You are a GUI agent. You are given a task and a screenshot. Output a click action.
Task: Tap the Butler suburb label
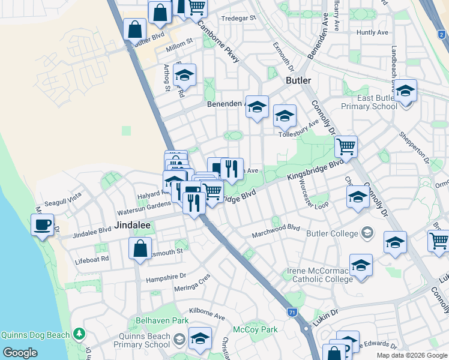point(298,80)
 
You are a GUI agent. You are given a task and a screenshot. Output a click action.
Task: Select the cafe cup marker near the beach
point(42,225)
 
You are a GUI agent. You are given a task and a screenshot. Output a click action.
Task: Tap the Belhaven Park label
point(162,321)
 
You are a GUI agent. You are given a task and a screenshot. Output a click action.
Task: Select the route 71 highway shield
point(292,312)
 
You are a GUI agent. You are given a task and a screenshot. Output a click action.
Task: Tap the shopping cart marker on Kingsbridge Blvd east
point(346,146)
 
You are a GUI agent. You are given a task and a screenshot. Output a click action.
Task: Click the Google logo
point(20,352)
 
